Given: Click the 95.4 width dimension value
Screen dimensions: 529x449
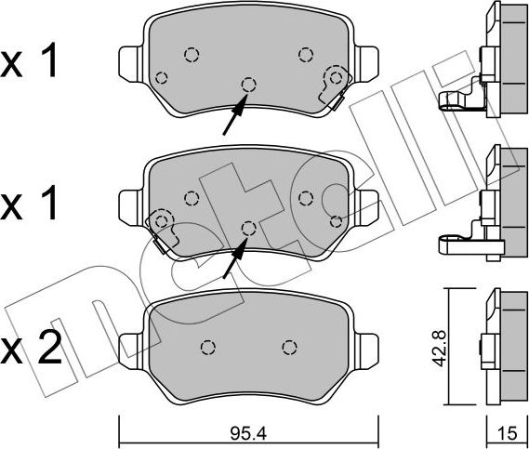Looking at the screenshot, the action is click(x=248, y=433).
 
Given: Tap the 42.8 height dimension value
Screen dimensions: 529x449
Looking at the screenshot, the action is click(x=439, y=349).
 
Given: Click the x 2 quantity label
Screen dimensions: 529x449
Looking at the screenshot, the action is click(x=31, y=348).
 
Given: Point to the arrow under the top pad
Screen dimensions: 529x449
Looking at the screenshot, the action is click(x=235, y=114).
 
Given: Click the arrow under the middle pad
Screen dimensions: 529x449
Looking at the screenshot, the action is click(x=235, y=258).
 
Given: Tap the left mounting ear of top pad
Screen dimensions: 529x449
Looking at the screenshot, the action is click(x=131, y=64).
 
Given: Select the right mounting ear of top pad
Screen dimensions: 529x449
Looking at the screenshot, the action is click(x=366, y=64).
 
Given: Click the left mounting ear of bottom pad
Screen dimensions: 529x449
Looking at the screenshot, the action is click(x=131, y=351).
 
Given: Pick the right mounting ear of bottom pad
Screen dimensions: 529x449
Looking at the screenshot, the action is click(x=366, y=351).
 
